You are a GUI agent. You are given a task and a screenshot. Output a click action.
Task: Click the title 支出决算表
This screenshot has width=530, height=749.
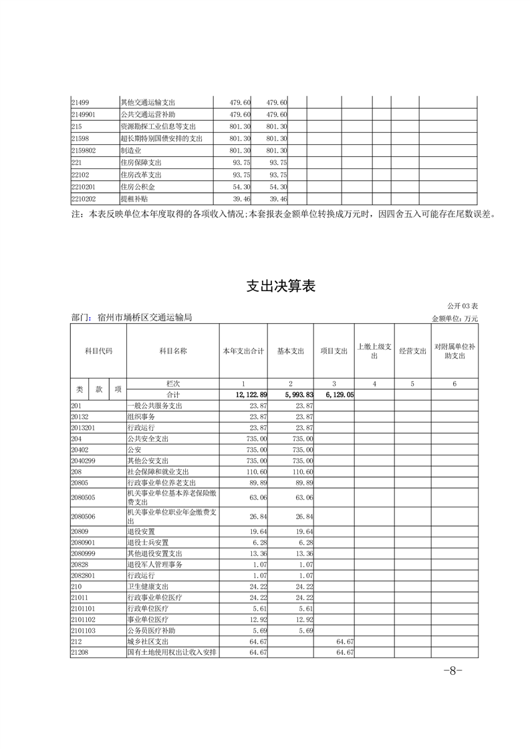tap(280, 286)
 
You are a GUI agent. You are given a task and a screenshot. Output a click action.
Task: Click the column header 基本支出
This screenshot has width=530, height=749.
tap(291, 350)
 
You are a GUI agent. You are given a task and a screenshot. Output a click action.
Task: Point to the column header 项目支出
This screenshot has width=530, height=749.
tap(334, 350)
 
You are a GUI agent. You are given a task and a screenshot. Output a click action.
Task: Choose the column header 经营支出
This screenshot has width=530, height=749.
tap(412, 350)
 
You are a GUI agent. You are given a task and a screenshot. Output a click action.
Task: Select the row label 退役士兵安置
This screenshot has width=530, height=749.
tap(148, 542)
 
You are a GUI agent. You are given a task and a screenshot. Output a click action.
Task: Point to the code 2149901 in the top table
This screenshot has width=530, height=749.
tap(84, 114)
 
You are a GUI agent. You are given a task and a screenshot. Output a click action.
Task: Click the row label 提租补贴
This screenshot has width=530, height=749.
tap(132, 199)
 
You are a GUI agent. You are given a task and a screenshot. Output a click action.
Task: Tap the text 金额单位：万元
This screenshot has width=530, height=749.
tap(455, 319)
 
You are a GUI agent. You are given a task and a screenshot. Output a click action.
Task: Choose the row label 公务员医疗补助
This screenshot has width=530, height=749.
tap(152, 630)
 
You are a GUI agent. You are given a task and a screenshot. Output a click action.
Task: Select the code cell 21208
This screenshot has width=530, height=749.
tap(80, 652)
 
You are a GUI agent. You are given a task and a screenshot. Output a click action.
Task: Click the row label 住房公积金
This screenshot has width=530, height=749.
tap(136, 187)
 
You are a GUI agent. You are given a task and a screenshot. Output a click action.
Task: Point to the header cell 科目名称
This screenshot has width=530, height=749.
tap(172, 350)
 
